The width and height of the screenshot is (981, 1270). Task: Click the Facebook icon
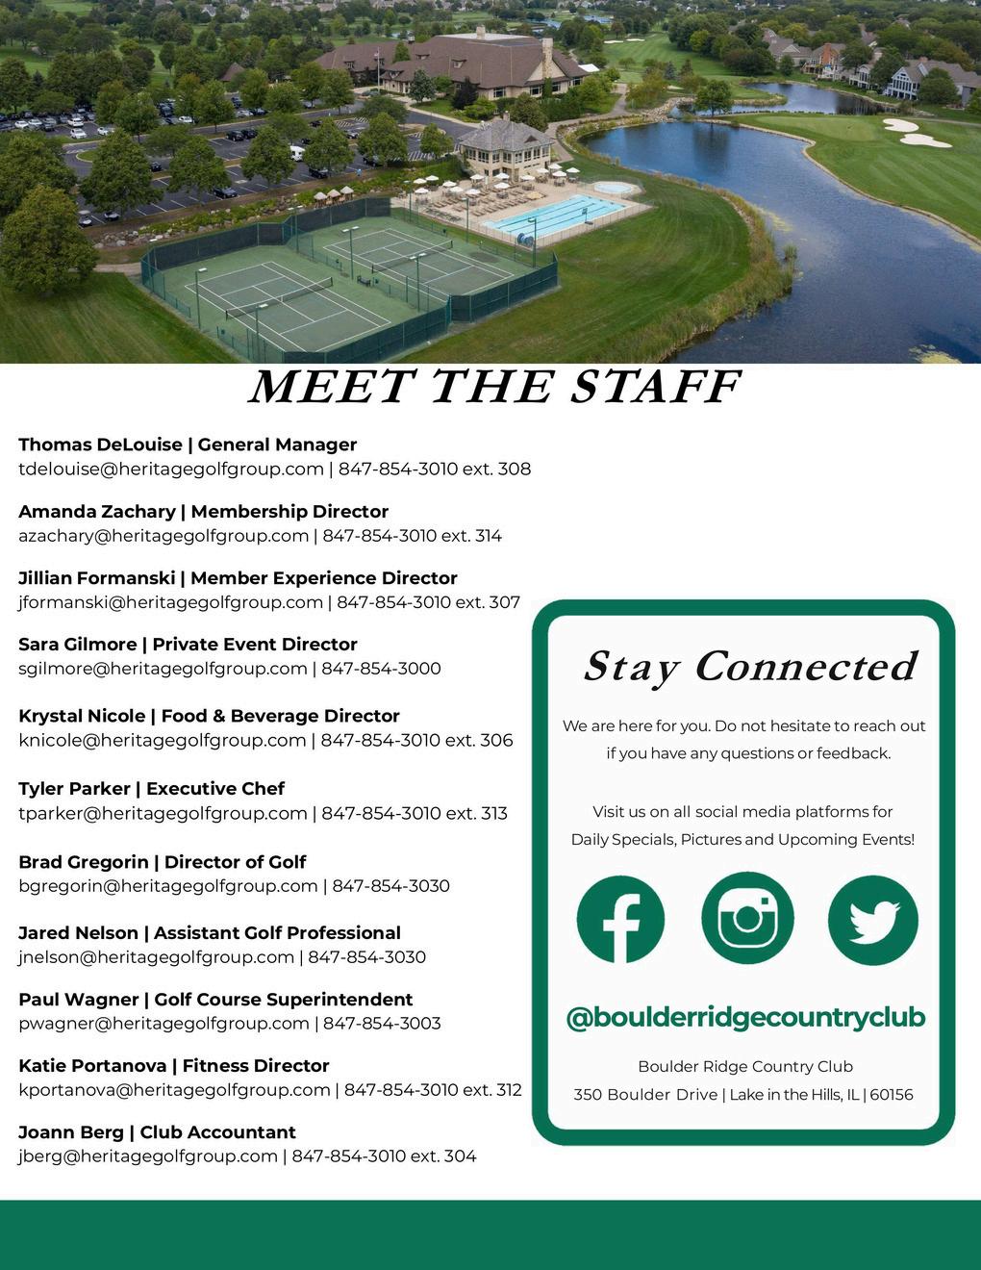pos(620,919)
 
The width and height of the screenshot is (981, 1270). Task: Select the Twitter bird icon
pos(873,920)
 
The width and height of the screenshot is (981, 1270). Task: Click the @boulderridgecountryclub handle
pos(745,1017)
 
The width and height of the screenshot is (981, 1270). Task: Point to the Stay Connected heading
pos(749,666)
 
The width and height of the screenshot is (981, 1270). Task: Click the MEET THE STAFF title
pos(494,387)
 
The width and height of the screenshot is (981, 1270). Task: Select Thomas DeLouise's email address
pos(171,469)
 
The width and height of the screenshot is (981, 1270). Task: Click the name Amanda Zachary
pos(97,511)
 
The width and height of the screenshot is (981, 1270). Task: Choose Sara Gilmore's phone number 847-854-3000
pos(381,669)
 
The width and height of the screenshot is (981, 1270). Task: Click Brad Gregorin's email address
pos(168,885)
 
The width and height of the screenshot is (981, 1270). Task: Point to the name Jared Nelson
pos(79,932)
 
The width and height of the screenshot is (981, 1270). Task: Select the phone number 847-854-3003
pos(382,1023)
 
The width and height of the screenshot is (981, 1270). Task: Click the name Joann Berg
pos(71,1131)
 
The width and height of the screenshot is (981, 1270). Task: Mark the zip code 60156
pos(892,1094)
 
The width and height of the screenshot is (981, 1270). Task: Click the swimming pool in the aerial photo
pos(554,216)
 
